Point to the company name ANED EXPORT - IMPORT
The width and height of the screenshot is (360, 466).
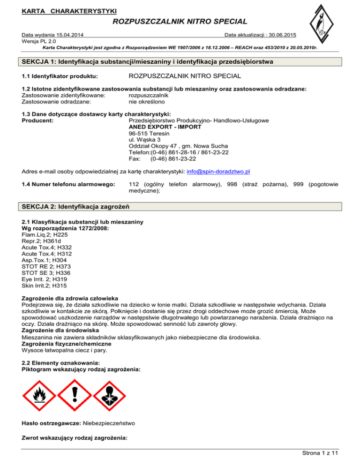pos(165,127)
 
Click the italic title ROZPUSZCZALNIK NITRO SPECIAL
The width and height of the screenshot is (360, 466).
pos(180,21)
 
